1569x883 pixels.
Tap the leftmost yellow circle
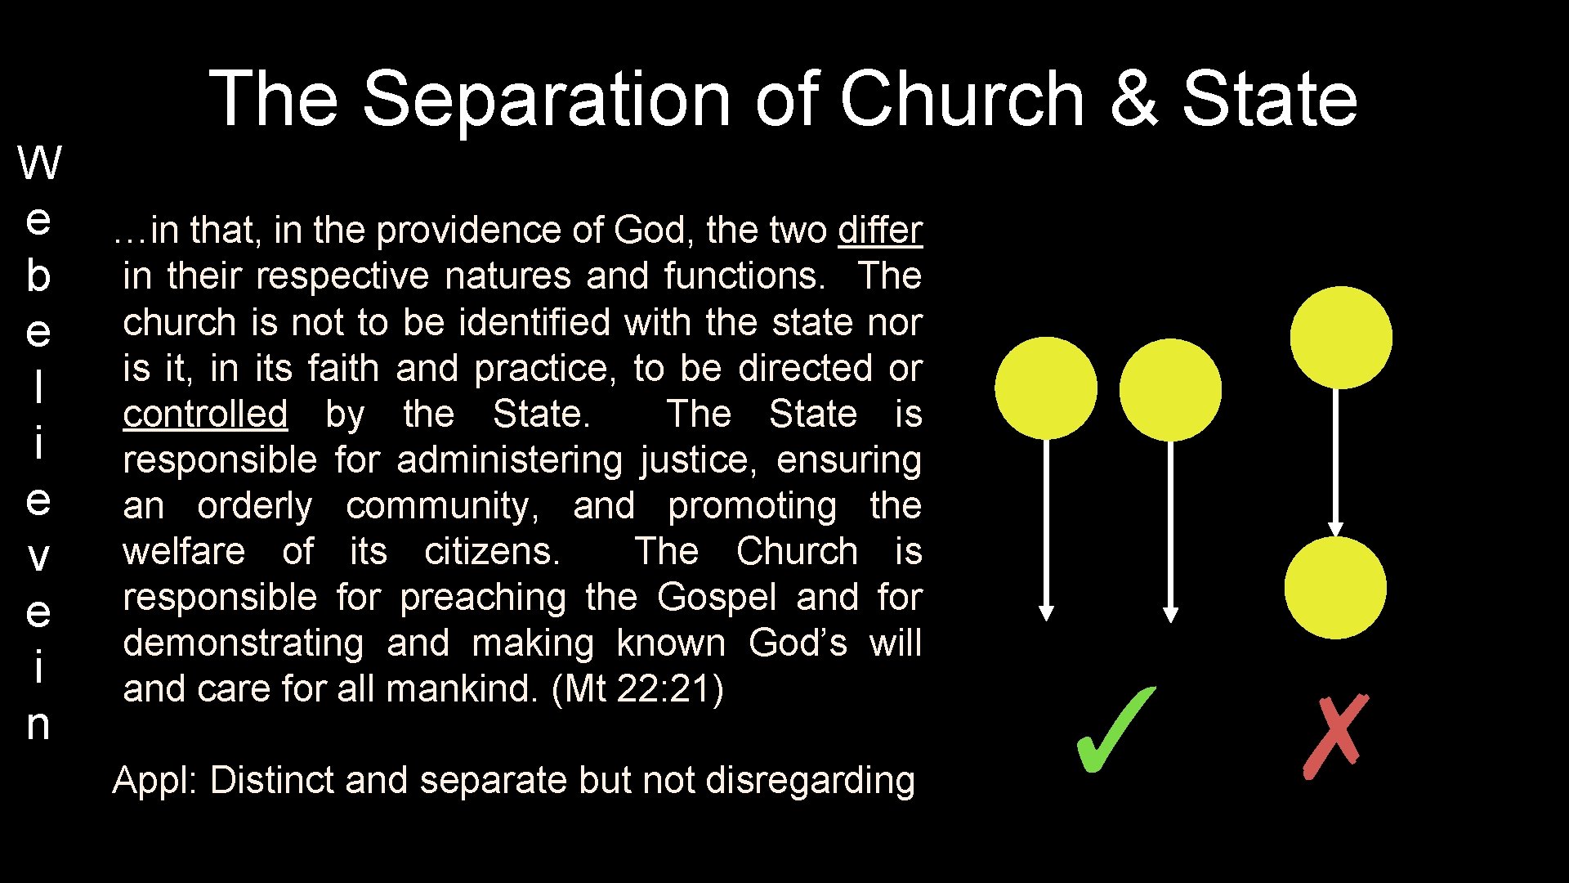point(1046,388)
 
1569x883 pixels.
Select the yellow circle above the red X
point(1335,588)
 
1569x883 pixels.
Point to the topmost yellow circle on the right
point(1341,338)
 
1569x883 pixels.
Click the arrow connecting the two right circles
point(1336,462)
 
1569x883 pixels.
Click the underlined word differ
point(880,231)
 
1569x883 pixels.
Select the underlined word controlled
point(205,415)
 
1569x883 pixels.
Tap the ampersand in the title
point(1133,98)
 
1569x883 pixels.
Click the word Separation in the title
point(546,98)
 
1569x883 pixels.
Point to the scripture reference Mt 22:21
point(637,689)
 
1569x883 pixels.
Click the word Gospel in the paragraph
point(717,598)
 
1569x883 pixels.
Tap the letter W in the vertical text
point(39,163)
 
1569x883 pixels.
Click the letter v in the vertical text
point(38,557)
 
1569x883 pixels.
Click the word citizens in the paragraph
point(492,552)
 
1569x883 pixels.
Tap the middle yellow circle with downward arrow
point(1170,390)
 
